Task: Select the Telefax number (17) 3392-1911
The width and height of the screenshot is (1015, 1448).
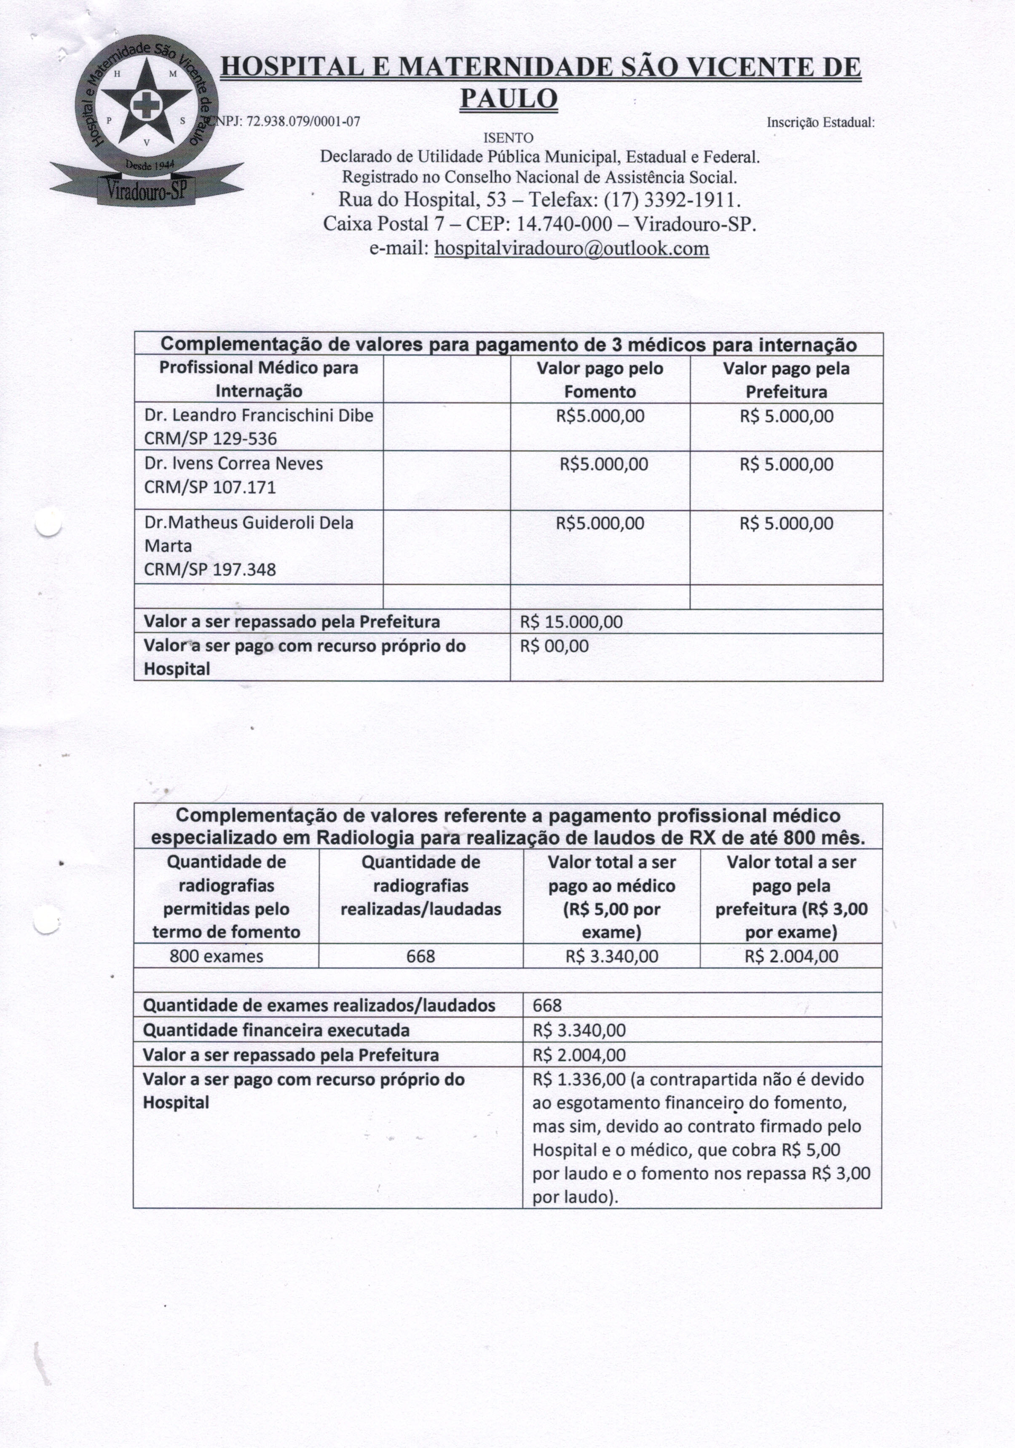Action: coord(671,200)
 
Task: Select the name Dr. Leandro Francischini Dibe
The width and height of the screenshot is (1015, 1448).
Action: coord(259,415)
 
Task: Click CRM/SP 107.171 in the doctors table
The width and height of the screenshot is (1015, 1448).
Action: coord(210,487)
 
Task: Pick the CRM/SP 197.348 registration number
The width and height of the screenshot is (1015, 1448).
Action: coord(210,570)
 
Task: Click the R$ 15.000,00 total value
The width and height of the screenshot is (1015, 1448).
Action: coord(571,622)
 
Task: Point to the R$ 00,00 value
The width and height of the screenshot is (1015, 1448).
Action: coord(554,646)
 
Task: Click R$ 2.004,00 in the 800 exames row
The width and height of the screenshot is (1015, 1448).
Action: coord(791,957)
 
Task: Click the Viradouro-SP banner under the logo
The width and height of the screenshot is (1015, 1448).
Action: coord(147,188)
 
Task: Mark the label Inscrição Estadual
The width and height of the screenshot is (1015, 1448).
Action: coord(820,122)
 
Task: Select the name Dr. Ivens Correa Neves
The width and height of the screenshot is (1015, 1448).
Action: coord(233,464)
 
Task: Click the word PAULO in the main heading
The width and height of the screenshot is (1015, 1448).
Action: coord(509,99)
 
